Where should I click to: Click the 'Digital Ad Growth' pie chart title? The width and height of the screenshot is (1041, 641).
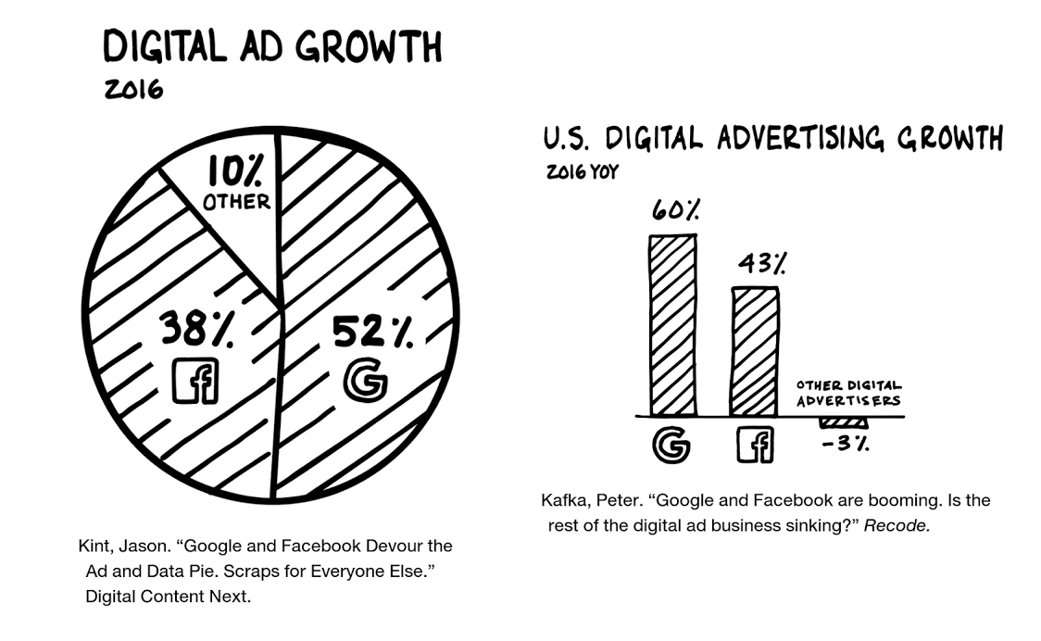tap(272, 47)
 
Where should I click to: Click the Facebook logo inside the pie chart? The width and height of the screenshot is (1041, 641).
tap(195, 380)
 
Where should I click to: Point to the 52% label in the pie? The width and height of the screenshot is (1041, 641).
tap(372, 332)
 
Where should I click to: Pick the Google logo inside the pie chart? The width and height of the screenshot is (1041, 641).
tap(364, 381)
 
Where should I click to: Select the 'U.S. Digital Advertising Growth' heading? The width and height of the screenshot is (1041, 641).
tap(772, 139)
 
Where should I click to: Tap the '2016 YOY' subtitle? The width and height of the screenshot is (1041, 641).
tap(582, 172)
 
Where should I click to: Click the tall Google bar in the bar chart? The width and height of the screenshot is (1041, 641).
tap(672, 324)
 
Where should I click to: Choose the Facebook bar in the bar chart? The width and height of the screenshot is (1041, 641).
tap(755, 351)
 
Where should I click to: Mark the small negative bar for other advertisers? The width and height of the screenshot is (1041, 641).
tap(843, 421)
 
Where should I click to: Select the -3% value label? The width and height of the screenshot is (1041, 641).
tap(844, 443)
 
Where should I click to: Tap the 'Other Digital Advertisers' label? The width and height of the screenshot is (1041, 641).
tap(848, 393)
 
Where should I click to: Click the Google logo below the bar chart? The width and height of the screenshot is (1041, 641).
tap(671, 445)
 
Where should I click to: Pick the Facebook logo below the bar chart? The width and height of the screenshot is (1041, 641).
tap(755, 445)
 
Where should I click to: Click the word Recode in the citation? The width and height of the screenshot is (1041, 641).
tap(896, 526)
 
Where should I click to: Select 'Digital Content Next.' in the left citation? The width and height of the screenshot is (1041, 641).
tap(168, 597)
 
